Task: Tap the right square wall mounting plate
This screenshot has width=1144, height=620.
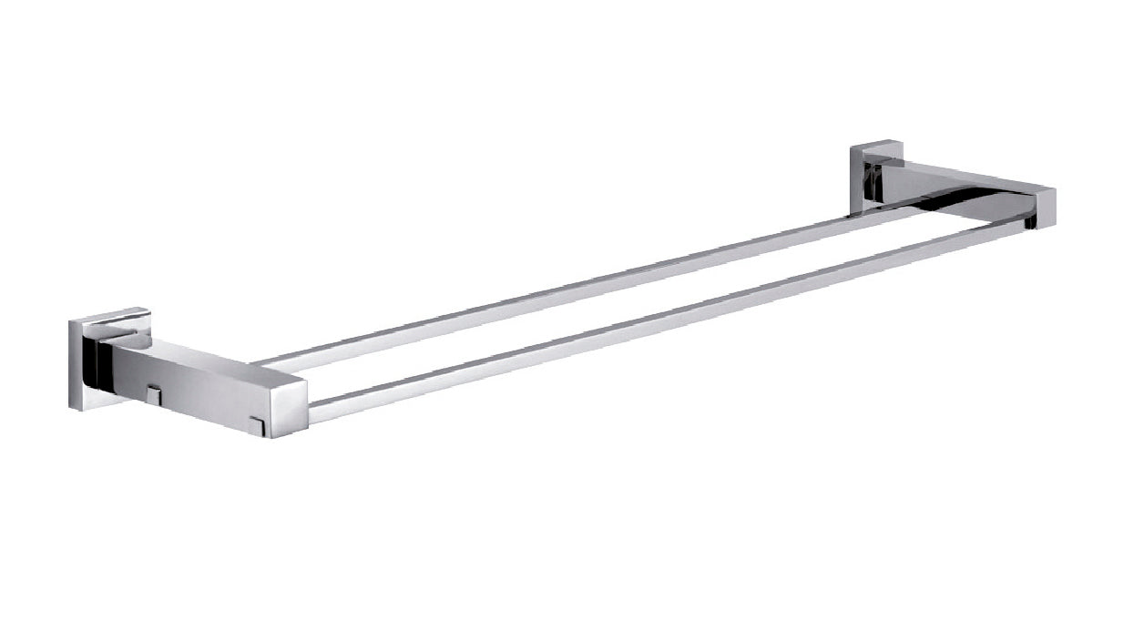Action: [x=864, y=178]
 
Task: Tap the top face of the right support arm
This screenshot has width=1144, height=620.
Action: [x=965, y=178]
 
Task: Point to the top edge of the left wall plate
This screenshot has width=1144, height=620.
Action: [x=109, y=315]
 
